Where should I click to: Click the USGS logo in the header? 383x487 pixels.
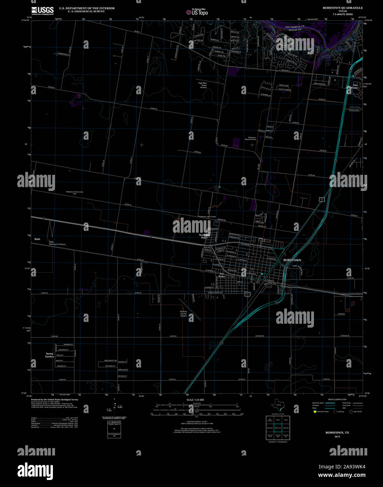(42, 11)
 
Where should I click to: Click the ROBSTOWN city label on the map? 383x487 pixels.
(292, 260)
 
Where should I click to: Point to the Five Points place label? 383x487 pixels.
(355, 87)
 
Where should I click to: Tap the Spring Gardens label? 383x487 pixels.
(49, 355)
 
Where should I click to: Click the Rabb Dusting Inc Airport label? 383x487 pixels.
(57, 243)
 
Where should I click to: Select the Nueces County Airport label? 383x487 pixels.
(183, 314)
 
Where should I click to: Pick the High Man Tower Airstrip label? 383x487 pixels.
(203, 85)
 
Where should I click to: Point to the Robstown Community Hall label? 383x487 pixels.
(75, 193)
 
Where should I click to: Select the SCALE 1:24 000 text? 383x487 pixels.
(195, 400)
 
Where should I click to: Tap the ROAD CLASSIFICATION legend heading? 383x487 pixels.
(337, 399)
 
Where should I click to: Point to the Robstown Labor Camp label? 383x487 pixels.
(207, 217)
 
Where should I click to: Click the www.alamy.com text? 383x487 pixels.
(342, 475)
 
